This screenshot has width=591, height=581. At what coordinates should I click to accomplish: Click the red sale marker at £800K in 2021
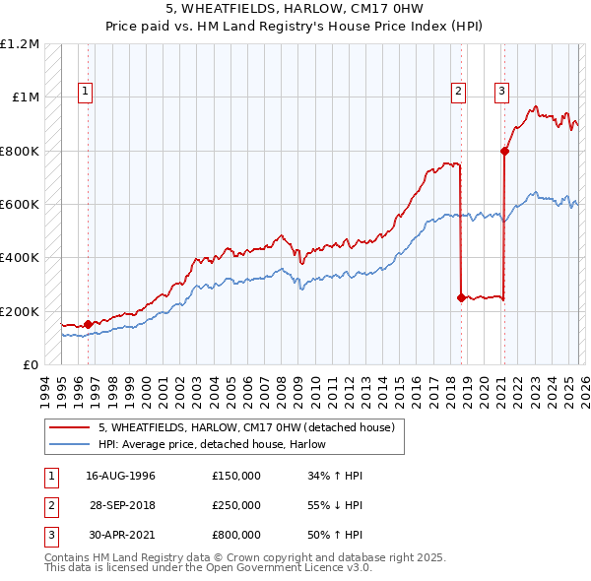pos(504,151)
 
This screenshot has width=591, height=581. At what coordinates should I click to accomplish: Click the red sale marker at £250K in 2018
pos(461,297)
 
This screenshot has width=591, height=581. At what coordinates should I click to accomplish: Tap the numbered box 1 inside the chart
pos(86,92)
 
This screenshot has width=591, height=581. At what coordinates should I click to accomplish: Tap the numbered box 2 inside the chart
pos(458,92)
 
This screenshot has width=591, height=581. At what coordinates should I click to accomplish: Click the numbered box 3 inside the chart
pos(501,92)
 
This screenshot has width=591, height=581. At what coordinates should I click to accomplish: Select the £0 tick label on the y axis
pos(31,364)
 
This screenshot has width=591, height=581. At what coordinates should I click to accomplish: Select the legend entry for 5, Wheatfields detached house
pos(246,427)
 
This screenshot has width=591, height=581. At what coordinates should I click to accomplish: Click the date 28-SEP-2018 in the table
pos(121,505)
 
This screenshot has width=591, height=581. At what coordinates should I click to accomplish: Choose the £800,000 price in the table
pos(236,535)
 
